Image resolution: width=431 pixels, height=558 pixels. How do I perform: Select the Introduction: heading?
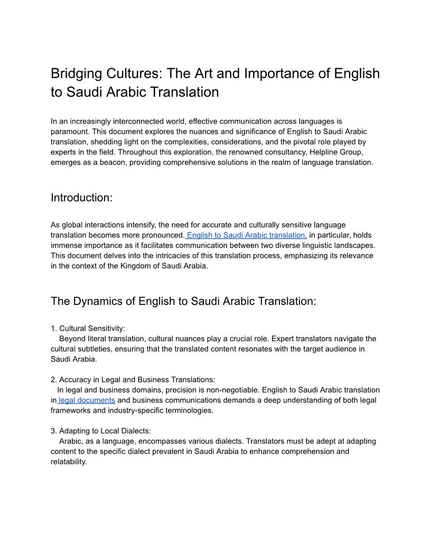pyautogui.click(x=82, y=198)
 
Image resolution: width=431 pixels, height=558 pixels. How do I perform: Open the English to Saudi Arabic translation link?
pyautogui.click(x=247, y=235)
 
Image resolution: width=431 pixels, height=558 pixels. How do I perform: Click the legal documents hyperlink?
pyautogui.click(x=87, y=400)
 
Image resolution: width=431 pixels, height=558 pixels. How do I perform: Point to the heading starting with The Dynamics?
pyautogui.click(x=183, y=301)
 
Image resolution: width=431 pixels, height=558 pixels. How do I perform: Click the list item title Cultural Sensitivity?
pyautogui.click(x=92, y=328)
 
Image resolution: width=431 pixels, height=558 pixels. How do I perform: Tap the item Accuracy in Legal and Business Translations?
pyautogui.click(x=137, y=379)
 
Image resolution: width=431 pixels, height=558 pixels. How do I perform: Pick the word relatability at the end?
pyautogui.click(x=68, y=461)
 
